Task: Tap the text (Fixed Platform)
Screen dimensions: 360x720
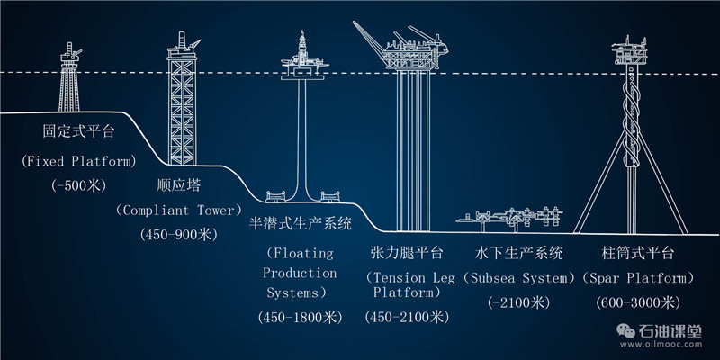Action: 79,162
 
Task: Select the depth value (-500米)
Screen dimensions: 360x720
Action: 79,186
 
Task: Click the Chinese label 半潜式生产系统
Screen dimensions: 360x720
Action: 300,221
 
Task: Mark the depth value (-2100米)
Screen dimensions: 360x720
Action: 518,301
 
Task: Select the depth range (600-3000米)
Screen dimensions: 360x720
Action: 637,301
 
